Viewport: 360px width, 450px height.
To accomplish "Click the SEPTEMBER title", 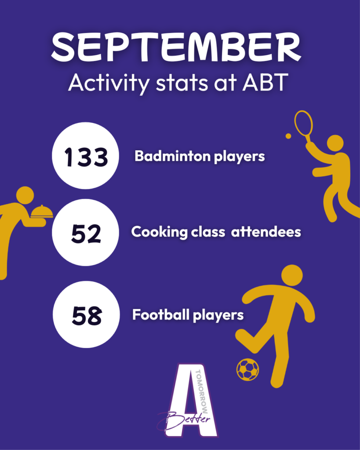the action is (x=176, y=47).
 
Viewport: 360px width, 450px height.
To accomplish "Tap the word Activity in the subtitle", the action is (x=109, y=83).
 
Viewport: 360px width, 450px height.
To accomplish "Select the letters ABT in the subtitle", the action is (x=265, y=82).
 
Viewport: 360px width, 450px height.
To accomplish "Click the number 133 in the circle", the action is (x=86, y=157).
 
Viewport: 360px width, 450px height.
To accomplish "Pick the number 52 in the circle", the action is (x=86, y=234).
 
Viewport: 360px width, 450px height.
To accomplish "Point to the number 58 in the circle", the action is (x=87, y=316).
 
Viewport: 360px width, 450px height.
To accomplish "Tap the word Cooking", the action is (x=159, y=232).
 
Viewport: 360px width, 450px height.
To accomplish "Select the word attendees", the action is (x=266, y=232).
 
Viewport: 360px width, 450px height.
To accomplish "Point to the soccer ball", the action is (x=247, y=370).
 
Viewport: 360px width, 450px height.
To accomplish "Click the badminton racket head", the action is (x=303, y=123).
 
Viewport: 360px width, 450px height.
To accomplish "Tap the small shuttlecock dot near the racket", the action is (x=288, y=136).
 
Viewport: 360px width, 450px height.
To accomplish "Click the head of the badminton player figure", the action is (x=335, y=143).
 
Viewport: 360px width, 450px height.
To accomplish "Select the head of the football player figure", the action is (x=292, y=276).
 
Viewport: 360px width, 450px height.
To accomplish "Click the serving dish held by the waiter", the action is (x=42, y=211).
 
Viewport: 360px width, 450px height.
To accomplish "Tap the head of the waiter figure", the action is (x=25, y=196).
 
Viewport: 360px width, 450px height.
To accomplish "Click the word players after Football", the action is (x=218, y=316).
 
